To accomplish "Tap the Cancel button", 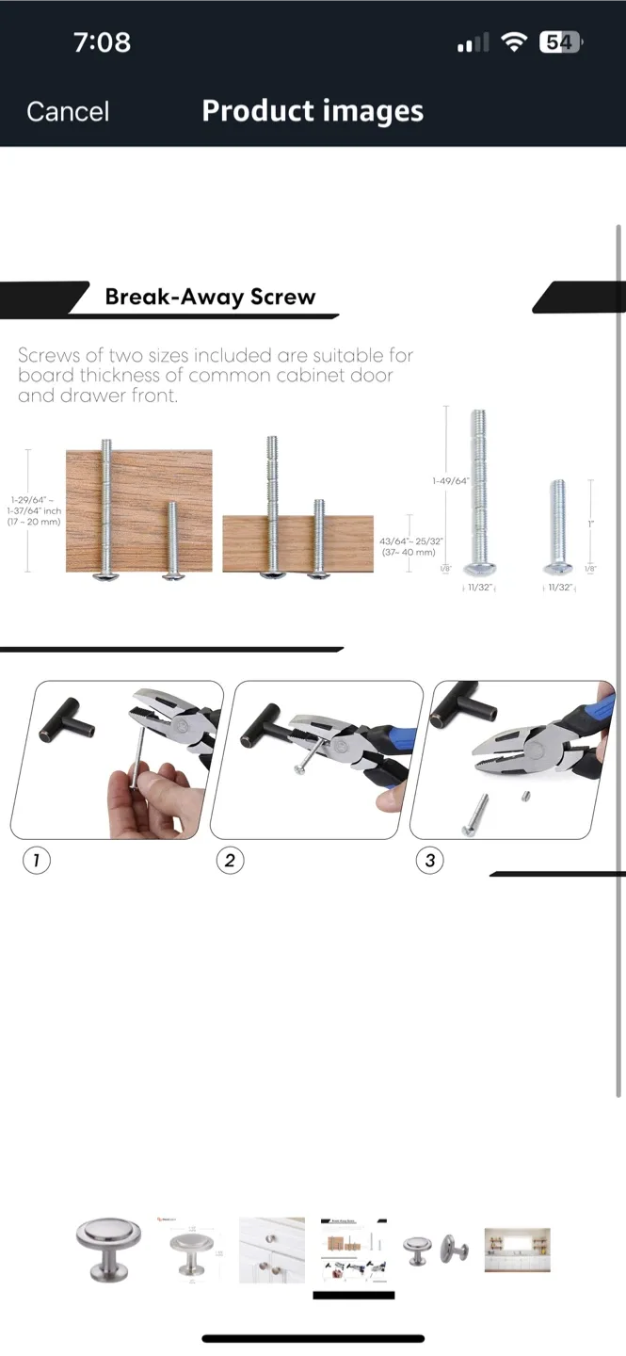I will click(68, 112).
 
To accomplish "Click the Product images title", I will click(313, 111).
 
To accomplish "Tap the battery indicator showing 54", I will click(560, 42).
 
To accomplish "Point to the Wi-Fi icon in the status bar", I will click(513, 42).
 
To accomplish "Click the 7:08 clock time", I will click(102, 42).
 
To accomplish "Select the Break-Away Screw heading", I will click(210, 297).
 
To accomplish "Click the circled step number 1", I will click(36, 860).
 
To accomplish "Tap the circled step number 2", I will click(230, 860).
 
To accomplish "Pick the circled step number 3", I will click(429, 860).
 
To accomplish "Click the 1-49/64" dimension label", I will click(450, 481).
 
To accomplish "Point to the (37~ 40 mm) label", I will click(410, 553).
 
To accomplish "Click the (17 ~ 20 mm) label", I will click(34, 522).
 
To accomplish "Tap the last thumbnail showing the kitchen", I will click(517, 1250).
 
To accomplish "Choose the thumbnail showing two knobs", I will click(436, 1250).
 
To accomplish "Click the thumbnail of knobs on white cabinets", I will click(272, 1250).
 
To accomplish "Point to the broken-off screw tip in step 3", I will click(522, 797).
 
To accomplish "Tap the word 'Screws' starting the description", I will click(49, 356).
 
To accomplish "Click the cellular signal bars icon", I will click(473, 43).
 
